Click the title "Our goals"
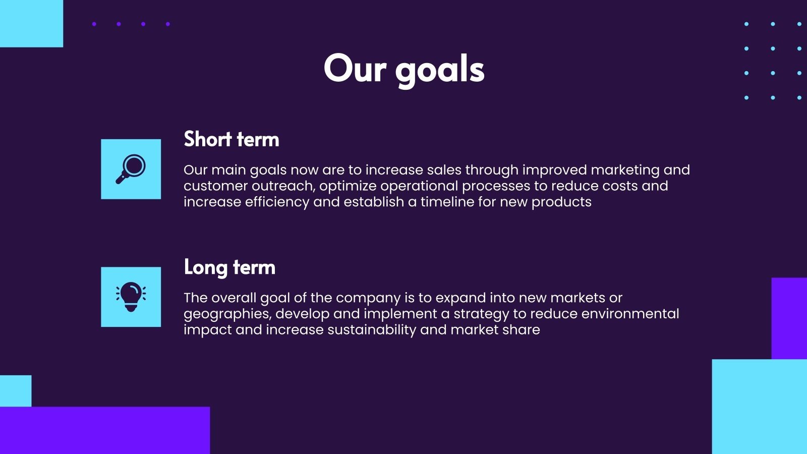point(404,69)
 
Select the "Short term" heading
point(231,139)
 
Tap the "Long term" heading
point(229,267)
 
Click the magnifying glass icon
point(131,169)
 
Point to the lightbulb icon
point(131,297)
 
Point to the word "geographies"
point(227,314)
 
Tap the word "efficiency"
point(277,202)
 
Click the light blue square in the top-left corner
point(31,23)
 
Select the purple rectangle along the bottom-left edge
point(104,430)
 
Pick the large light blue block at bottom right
point(759,406)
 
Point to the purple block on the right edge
point(789,318)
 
